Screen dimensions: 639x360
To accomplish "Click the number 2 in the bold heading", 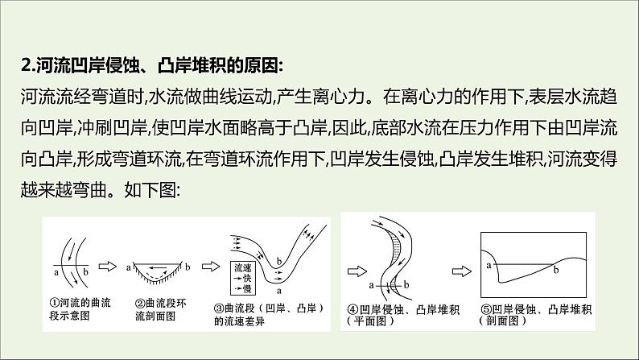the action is pos(26,66).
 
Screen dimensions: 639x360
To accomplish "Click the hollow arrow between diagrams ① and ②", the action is pos(108,267).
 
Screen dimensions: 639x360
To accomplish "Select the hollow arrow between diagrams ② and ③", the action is pos(211,267).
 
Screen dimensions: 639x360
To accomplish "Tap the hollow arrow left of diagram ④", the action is pos(357,271).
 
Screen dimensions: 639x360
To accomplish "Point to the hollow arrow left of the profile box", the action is pos(462,271).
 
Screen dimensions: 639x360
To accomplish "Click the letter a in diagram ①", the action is pos(56,272).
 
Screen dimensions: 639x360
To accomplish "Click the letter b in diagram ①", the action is pos(85,271).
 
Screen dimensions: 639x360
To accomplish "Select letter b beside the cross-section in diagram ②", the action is pos(188,267).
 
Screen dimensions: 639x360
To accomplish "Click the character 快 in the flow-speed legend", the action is pos(247,278).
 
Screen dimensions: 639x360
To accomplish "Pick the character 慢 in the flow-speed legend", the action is pos(247,288).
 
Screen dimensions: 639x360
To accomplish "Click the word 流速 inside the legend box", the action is pos(243,268).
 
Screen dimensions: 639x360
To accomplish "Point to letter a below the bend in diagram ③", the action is pos(279,291).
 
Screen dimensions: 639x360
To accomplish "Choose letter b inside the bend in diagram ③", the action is pos(279,261).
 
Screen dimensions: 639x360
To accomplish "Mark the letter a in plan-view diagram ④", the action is pos(371,285).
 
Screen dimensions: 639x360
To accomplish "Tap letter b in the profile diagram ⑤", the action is pos(556,270).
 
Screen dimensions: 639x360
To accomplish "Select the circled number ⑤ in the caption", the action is pos(487,309).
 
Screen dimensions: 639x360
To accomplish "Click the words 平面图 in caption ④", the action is pos(370,321).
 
